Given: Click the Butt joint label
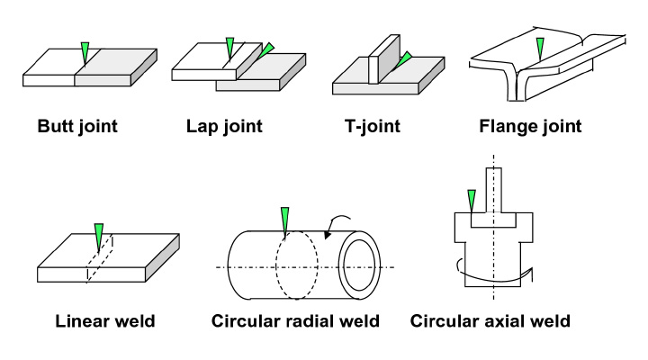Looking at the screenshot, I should (76, 126).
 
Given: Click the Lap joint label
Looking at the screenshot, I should (223, 126).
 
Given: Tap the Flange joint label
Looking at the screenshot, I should (529, 126).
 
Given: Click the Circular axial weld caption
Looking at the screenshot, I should (490, 321).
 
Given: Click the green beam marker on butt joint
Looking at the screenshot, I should (85, 51).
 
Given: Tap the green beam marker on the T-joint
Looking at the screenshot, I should (403, 58).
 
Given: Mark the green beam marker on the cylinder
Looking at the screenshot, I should (284, 219).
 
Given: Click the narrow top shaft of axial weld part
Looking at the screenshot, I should (493, 192).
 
